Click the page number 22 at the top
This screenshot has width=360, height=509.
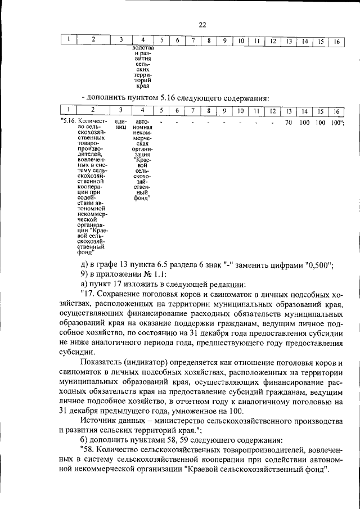(x=202, y=25)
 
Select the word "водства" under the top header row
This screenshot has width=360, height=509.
(x=143, y=49)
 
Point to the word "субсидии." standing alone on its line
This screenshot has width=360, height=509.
(x=76, y=351)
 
